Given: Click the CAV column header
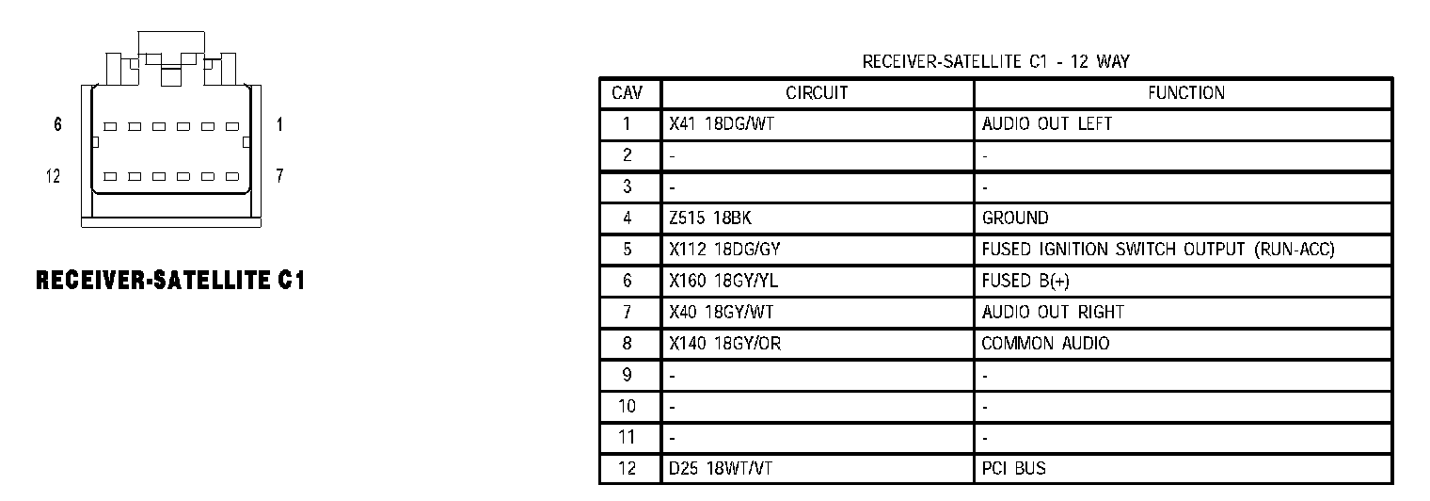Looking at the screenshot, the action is [x=628, y=93].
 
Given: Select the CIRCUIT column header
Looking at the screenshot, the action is [x=817, y=93].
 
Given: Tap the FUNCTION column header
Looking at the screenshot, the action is [x=1185, y=93].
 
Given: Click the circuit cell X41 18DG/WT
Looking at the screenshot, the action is [x=721, y=124].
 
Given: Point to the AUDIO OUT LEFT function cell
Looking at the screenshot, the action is [x=1046, y=124].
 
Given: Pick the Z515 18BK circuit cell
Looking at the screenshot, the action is [x=710, y=218].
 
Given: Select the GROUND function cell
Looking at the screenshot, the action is [x=1014, y=218].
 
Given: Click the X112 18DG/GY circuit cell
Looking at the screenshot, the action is [x=723, y=250].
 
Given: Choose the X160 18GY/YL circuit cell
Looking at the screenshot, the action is [x=722, y=281].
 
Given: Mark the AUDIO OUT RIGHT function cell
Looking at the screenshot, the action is [x=1052, y=312].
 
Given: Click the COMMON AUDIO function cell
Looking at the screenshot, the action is [x=1044, y=344].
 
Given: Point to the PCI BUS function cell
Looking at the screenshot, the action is [x=1013, y=468].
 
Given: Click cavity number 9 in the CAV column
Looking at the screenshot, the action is [x=628, y=375].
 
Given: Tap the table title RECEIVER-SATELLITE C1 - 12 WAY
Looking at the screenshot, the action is [x=995, y=62].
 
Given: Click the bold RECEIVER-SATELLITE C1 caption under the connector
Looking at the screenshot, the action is [x=169, y=280].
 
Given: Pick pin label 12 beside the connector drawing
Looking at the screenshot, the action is [x=54, y=176].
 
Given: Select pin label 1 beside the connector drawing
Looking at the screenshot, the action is [x=279, y=124].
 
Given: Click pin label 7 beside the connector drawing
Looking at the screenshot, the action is [x=279, y=176].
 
